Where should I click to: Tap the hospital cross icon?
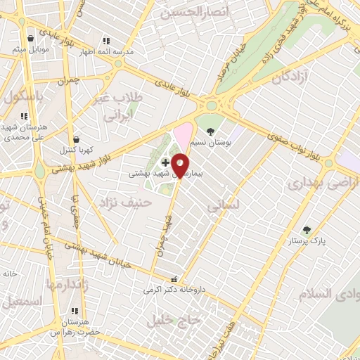pyautogui.click(x=165, y=162)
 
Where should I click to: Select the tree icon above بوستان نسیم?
pyautogui.click(x=212, y=131)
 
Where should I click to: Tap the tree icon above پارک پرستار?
pyautogui.click(x=306, y=230)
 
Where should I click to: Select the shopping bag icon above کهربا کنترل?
pyautogui.click(x=76, y=139)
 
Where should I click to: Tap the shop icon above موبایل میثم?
pyautogui.click(x=30, y=39)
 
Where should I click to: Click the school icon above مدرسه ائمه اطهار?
pyautogui.click(x=105, y=41)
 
